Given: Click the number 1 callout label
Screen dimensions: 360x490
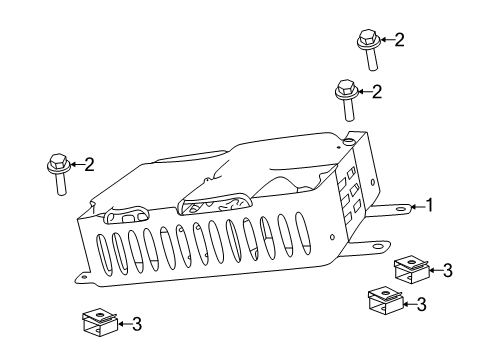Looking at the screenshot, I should pyautogui.click(x=430, y=206).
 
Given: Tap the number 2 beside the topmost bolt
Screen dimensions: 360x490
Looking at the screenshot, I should pyautogui.click(x=400, y=40).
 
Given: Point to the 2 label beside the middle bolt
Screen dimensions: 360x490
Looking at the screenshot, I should pyautogui.click(x=377, y=92).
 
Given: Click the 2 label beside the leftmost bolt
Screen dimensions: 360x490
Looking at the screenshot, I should pyautogui.click(x=90, y=164).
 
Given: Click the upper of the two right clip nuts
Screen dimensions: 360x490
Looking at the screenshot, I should pyautogui.click(x=408, y=269).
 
